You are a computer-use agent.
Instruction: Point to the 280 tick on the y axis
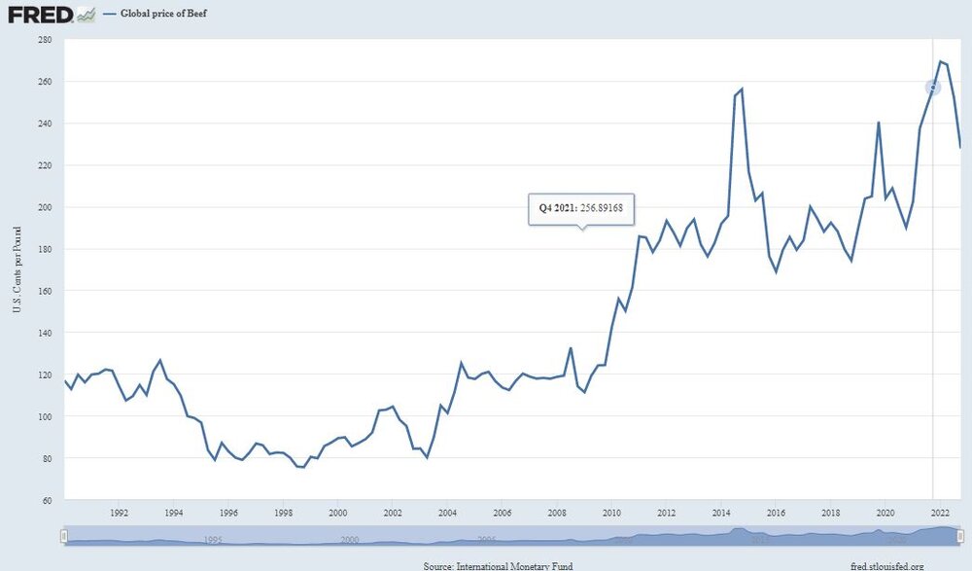pyautogui.click(x=45, y=40)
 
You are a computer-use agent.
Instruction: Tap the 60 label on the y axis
pyautogui.click(x=47, y=500)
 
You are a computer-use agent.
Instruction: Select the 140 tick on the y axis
pyautogui.click(x=45, y=333)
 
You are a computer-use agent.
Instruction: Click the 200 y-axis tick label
pyautogui.click(x=45, y=207)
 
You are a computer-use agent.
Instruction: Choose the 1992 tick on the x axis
pyautogui.click(x=119, y=513)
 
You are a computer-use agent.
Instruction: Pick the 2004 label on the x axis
pyautogui.click(x=447, y=513)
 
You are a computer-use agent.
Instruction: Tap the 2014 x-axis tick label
pyautogui.click(x=721, y=513)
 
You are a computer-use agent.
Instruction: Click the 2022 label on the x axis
pyautogui.click(x=940, y=513)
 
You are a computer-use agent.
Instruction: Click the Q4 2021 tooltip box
pyautogui.click(x=580, y=208)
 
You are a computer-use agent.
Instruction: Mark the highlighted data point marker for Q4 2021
pyautogui.click(x=933, y=88)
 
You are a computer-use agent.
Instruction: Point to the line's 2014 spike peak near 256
pyautogui.click(x=742, y=89)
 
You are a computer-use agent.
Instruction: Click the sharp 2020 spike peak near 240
pyautogui.click(x=878, y=123)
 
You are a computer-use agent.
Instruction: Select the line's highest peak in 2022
pyautogui.click(x=940, y=61)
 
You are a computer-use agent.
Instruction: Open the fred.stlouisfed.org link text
pyautogui.click(x=887, y=564)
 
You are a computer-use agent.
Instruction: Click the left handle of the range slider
pyautogui.click(x=64, y=535)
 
